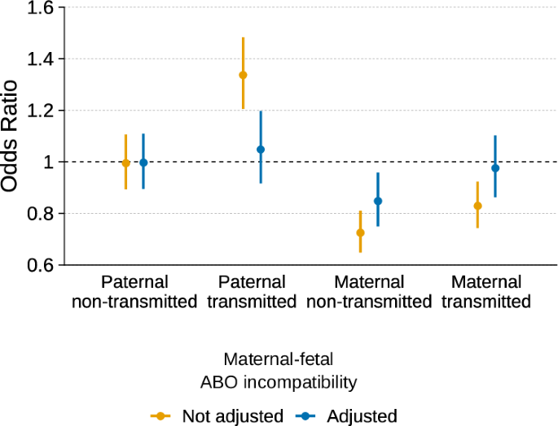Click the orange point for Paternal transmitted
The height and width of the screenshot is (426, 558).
243,75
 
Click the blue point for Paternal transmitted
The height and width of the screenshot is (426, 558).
261,150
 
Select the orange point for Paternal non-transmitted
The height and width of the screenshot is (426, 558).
125,163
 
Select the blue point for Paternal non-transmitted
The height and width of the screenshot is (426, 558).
143,163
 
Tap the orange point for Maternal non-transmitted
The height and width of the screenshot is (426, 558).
360,233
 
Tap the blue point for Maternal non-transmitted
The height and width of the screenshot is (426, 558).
378,201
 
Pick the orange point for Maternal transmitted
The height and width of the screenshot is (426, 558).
477,206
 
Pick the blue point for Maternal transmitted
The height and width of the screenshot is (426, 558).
495,167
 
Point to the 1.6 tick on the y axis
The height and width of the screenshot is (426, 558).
37,8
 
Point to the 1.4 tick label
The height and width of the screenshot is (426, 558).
37,59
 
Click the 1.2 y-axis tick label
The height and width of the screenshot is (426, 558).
37,111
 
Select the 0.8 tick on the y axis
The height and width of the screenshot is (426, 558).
37,214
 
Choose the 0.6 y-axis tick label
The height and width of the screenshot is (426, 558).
37,265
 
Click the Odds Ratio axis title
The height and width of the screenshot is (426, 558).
10,136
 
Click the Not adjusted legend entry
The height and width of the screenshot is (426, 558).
232,416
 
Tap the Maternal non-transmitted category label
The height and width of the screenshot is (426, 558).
369,292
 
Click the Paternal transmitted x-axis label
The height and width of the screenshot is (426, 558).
252,292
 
